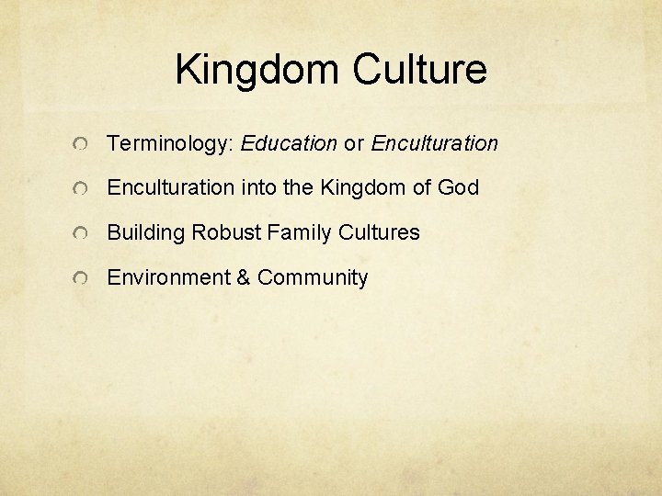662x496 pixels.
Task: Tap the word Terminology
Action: point(171,144)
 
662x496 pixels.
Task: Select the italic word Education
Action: point(289,143)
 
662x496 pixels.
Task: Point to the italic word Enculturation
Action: point(434,143)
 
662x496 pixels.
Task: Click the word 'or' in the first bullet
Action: point(354,143)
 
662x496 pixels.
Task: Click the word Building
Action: point(146,233)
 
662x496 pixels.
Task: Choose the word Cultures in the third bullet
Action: point(379,233)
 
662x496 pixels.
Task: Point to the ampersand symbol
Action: point(244,277)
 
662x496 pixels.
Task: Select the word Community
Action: point(313,277)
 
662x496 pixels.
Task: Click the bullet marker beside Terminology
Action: point(83,145)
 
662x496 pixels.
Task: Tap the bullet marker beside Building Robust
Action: point(83,235)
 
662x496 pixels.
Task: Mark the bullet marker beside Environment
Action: point(83,279)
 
